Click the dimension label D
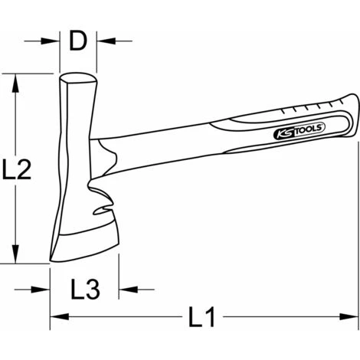(78, 41)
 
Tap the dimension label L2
(17, 169)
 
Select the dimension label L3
(85, 290)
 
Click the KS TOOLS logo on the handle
(299, 130)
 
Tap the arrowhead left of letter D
(50, 41)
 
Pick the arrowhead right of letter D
(106, 41)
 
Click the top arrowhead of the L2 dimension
(16, 83)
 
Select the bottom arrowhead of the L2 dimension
(16, 254)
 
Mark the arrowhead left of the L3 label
(41, 290)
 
